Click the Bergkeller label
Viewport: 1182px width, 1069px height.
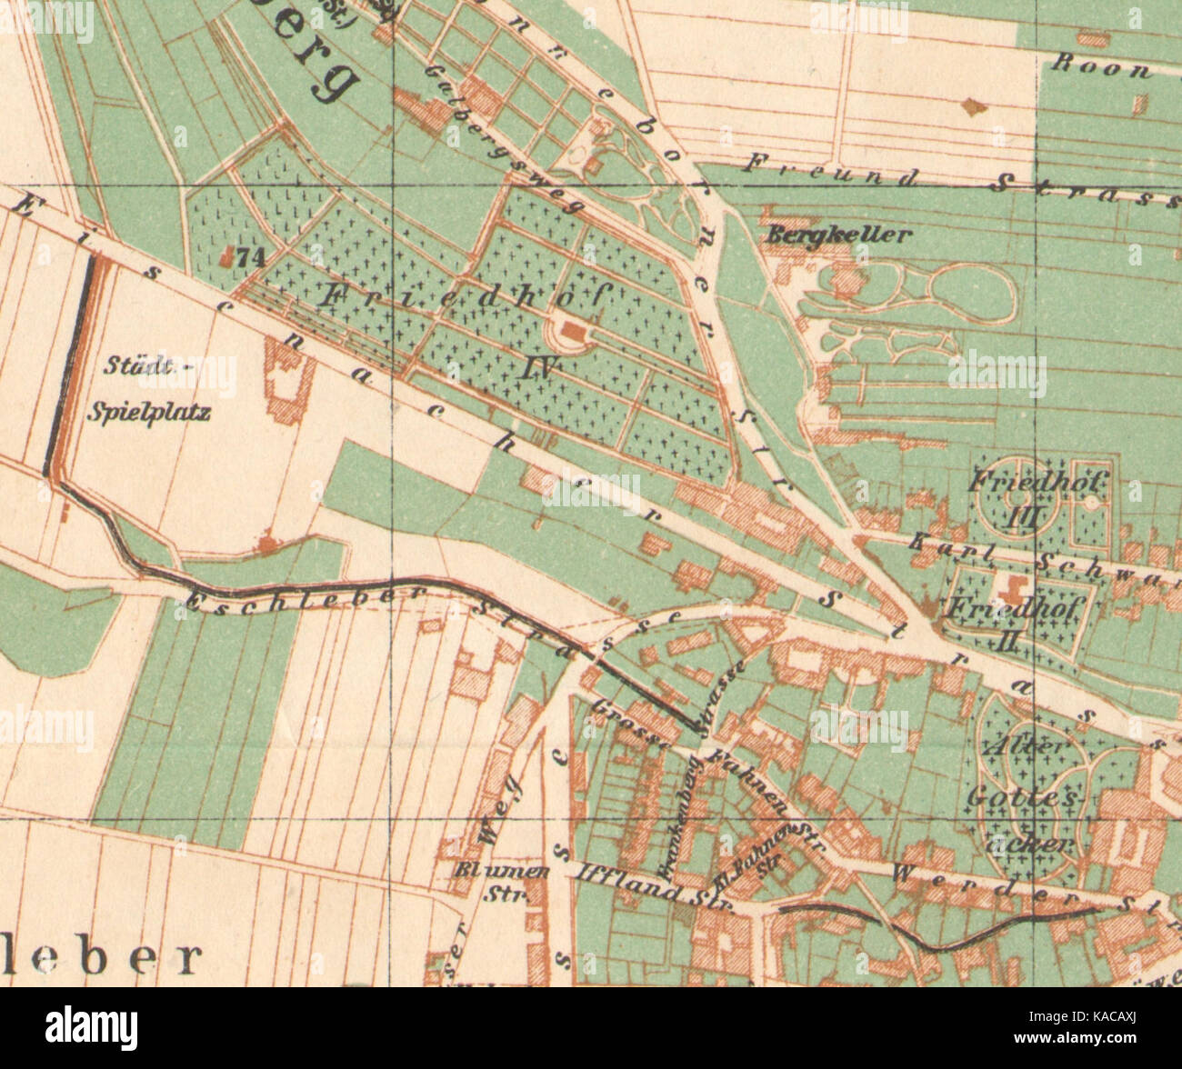click(838, 235)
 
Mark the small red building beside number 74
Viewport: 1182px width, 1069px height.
click(226, 257)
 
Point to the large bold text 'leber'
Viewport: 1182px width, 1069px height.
click(100, 956)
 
